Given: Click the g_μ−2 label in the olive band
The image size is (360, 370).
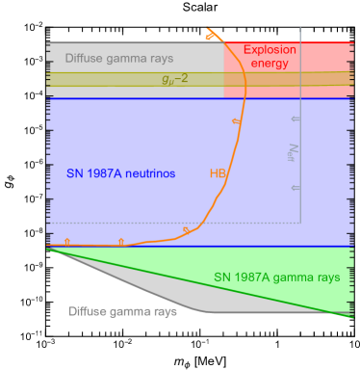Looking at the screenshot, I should click(174, 79).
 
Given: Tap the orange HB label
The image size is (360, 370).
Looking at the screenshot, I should click(218, 173).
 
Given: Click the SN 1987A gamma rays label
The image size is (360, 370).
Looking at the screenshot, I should click(276, 277).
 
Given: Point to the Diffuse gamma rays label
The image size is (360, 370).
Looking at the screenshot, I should click(122, 311).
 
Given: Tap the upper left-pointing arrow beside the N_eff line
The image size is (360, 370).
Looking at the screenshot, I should click(296, 119).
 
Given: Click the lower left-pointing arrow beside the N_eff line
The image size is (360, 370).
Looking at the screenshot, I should click(296, 188).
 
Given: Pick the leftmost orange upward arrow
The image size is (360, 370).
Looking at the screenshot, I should click(66, 240).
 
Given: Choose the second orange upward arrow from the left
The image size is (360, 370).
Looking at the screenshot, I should click(120, 240).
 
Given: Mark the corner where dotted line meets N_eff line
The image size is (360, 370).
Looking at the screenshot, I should click(301, 223).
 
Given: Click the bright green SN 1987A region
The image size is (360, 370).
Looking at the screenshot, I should click(318, 294).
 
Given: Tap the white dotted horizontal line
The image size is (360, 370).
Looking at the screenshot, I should click(144, 223).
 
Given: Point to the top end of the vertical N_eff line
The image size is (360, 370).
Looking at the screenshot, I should click(301, 27).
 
